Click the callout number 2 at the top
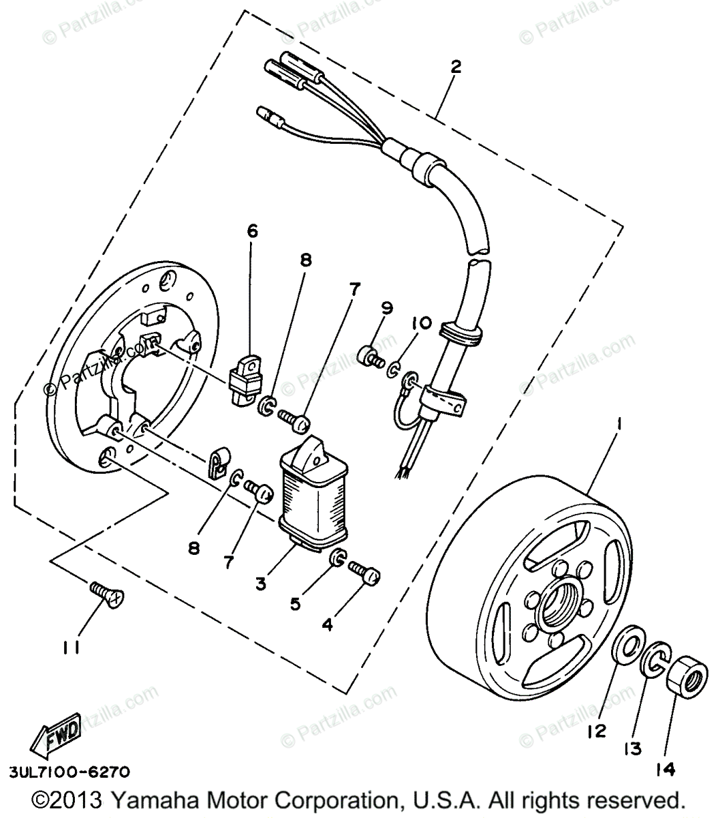click(x=456, y=67)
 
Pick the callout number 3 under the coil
click(x=261, y=584)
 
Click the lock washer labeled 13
click(x=655, y=657)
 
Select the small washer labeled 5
click(x=336, y=559)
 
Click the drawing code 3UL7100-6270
click(x=68, y=773)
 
